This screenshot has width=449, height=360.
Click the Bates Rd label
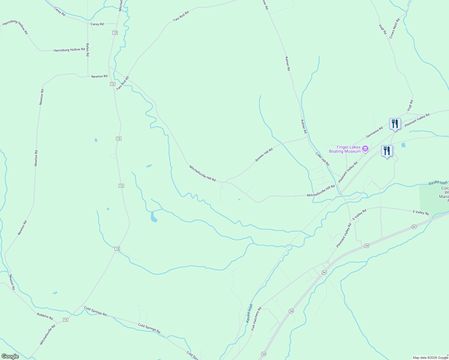click(88, 50)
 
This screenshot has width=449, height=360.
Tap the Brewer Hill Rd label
click(264, 155)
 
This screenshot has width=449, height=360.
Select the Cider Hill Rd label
click(322, 159)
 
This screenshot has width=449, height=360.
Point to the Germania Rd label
click(374, 132)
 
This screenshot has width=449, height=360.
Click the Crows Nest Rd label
click(394, 28)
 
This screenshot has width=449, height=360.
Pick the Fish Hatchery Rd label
click(256, 319)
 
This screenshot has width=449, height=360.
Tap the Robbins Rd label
click(45, 316)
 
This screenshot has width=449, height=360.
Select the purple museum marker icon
click(365, 149)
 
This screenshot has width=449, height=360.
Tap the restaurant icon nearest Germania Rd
click(395, 124)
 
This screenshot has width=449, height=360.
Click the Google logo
click(10, 356)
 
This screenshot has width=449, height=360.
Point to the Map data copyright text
click(430, 358)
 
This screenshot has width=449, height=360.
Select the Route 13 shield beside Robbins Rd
click(65, 320)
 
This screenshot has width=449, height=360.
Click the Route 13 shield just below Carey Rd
click(115, 32)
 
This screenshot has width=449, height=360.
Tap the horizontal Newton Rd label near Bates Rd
click(99, 76)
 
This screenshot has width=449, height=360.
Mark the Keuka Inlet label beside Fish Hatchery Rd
click(249, 313)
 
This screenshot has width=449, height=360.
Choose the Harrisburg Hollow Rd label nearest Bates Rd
click(69, 50)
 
